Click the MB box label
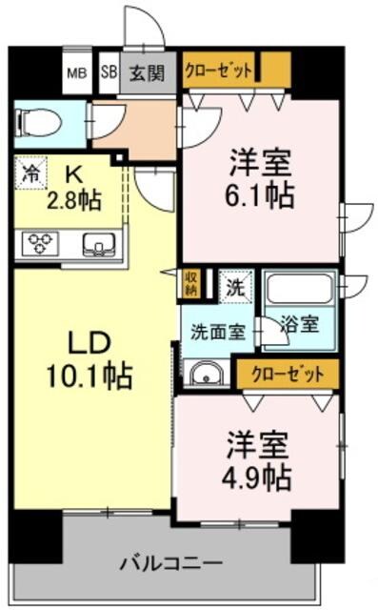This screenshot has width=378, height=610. click(x=75, y=72)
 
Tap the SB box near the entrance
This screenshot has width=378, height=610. click(x=109, y=72)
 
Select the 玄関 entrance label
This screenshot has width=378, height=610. click(x=148, y=72)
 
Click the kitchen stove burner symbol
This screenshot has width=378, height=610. click(x=40, y=243)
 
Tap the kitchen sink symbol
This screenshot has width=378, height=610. click(x=97, y=244)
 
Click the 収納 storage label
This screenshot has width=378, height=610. click(x=191, y=282)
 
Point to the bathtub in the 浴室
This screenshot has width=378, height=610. click(x=297, y=288)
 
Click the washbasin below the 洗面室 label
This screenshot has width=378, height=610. click(x=203, y=373)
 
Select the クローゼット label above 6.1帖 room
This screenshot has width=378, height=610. click(x=220, y=70)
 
